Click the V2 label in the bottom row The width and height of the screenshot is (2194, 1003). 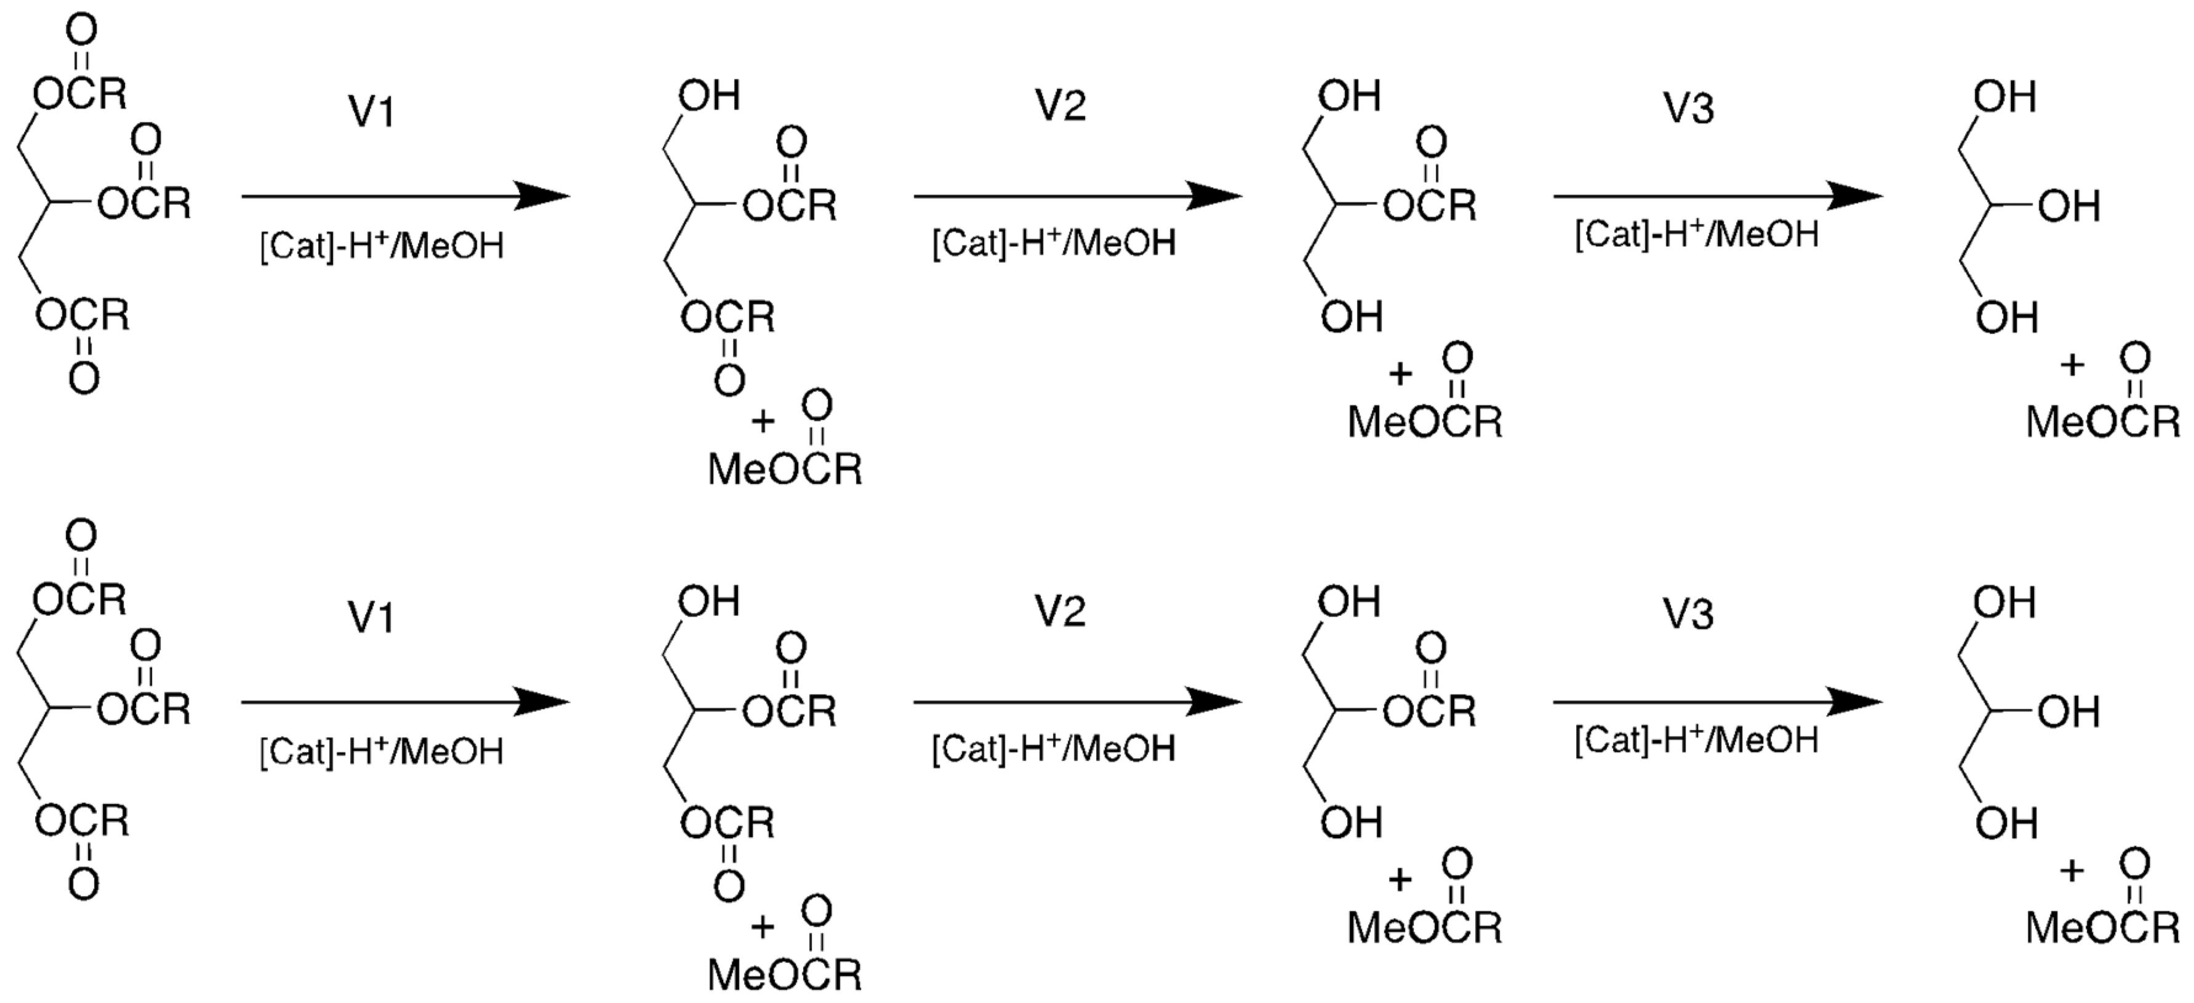pyautogui.click(x=1060, y=611)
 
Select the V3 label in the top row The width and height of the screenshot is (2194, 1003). pyautogui.click(x=1689, y=108)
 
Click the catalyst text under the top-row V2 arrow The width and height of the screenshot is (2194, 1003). pyautogui.click(x=1054, y=244)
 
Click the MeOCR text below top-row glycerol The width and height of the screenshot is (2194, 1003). pyautogui.click(x=2103, y=422)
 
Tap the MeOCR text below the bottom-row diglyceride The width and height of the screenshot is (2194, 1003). pyautogui.click(x=785, y=974)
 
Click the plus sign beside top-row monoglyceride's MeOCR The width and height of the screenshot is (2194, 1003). pyautogui.click(x=1400, y=374)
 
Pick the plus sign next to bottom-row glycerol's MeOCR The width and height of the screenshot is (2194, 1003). pyautogui.click(x=2072, y=870)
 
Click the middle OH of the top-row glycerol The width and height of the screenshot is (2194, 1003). pyautogui.click(x=2069, y=206)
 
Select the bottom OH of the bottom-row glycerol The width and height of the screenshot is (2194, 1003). pyautogui.click(x=2007, y=823)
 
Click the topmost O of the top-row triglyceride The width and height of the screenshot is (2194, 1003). pyautogui.click(x=82, y=31)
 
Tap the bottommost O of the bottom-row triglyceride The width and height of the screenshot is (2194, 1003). pyautogui.click(x=84, y=884)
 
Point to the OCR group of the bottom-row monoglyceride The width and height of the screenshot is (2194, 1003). pyautogui.click(x=1428, y=711)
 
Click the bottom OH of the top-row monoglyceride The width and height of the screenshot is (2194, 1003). pyautogui.click(x=1351, y=317)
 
